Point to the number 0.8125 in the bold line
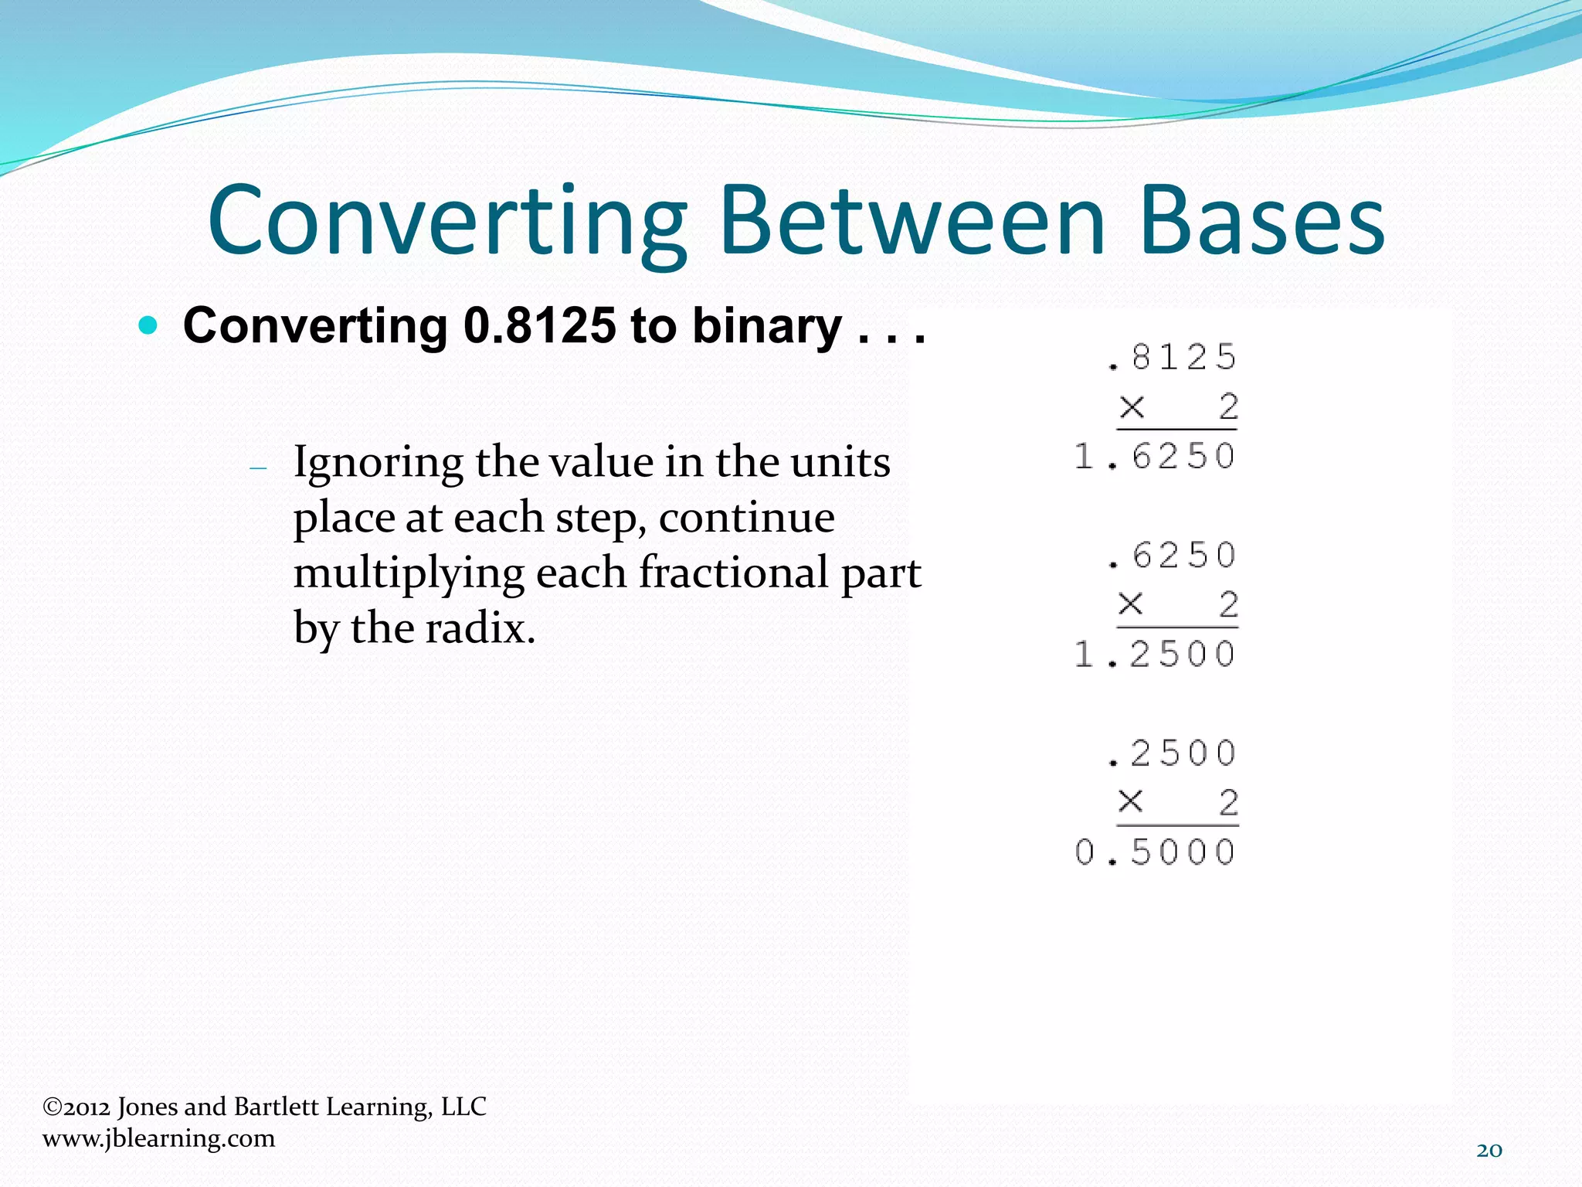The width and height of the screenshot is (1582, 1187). tap(539, 325)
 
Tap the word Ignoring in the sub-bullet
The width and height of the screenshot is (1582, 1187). tap(378, 464)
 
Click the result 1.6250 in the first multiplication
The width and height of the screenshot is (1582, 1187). tap(1155, 456)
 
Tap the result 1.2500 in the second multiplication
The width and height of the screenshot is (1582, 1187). tap(1155, 655)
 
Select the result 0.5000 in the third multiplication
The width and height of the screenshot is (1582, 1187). tap(1155, 852)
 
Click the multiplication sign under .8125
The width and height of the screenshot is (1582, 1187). tap(1132, 406)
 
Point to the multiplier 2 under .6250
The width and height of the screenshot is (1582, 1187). tap(1228, 604)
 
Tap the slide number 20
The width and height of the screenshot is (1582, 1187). tap(1489, 1150)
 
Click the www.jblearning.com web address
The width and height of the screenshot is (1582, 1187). tap(158, 1138)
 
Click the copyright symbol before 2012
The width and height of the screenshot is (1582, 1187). tap(52, 1107)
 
